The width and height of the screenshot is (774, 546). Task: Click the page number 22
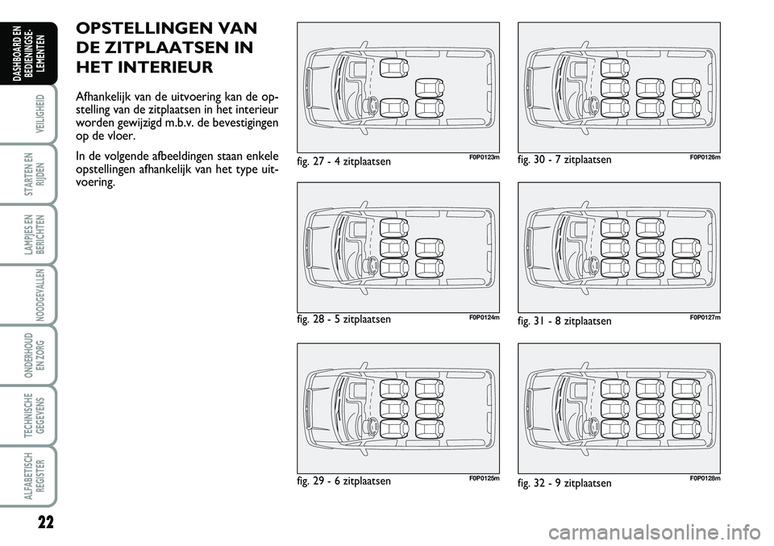pos(45,523)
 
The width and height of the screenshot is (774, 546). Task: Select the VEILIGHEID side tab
pos(40,113)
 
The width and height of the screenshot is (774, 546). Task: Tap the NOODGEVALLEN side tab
pos(40,294)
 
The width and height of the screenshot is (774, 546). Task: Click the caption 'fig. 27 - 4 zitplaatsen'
pos(344,161)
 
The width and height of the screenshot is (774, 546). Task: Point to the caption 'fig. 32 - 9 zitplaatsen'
pos(564,483)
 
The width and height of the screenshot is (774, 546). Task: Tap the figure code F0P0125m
pos(485,478)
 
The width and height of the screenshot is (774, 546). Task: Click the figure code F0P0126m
pos(705,157)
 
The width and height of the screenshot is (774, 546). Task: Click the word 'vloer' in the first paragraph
pos(122,135)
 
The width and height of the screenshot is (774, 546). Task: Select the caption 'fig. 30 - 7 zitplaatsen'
pos(564,160)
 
